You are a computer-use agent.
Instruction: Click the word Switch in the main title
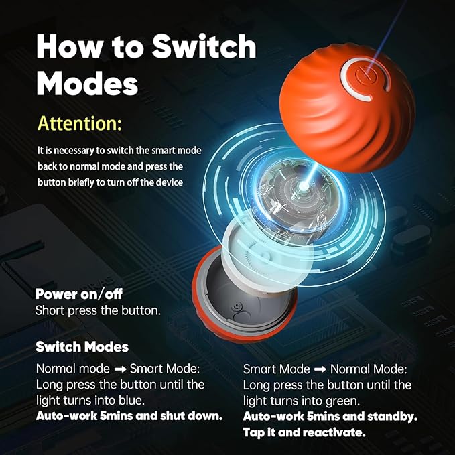(204, 46)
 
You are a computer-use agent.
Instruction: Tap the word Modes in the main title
(87, 83)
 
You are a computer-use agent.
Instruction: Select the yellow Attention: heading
(80, 123)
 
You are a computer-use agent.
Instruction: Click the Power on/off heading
(78, 294)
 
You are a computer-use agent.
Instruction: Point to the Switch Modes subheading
(82, 346)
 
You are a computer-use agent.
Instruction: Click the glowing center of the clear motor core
(304, 185)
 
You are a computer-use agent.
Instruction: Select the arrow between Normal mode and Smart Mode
(120, 369)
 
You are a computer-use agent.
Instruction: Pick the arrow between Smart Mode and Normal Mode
(320, 369)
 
